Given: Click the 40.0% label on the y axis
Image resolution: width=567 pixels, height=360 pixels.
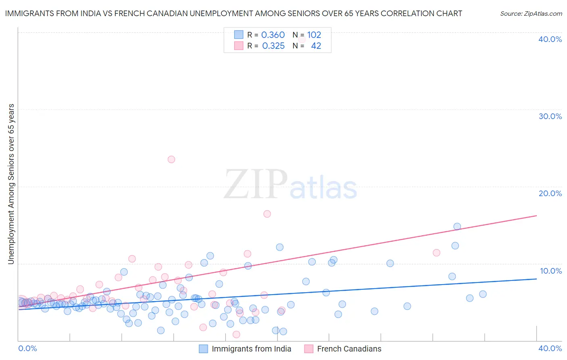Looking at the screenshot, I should point(550,39).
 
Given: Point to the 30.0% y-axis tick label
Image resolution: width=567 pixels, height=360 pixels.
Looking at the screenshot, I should point(550,116).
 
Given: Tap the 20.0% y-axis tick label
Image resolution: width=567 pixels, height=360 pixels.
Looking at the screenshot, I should point(550,193).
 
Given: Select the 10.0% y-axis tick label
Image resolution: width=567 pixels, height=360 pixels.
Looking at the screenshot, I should point(551,271).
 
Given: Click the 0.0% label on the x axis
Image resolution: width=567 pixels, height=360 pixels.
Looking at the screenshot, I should point(27,348).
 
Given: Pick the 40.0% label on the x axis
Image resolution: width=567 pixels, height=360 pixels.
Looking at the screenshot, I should point(550,348).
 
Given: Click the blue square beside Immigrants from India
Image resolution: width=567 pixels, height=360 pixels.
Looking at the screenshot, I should point(204,349).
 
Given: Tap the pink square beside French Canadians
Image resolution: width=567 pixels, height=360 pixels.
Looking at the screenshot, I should point(309,349).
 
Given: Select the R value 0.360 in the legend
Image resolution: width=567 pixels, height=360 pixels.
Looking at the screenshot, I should point(273,35).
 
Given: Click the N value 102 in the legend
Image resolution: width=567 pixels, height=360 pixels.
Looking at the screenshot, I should point(314,35).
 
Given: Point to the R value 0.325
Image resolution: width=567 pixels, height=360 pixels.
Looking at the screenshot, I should point(273,46).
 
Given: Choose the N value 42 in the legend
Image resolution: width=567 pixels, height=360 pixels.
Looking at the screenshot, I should point(316,46).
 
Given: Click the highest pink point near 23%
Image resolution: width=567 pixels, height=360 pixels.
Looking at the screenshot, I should point(171,159).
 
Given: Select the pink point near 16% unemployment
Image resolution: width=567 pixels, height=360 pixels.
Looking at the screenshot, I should point(267,214).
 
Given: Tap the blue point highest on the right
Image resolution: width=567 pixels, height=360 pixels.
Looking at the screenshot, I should point(457,226).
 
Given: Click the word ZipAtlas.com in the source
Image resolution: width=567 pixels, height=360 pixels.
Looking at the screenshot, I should point(542,14).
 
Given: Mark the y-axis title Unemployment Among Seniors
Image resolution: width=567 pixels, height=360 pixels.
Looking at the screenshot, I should point(11,184).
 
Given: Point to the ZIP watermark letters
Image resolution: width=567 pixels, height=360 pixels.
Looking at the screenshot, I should point(255,184).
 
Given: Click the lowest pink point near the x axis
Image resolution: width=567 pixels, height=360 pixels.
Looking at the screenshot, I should point(236,334).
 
